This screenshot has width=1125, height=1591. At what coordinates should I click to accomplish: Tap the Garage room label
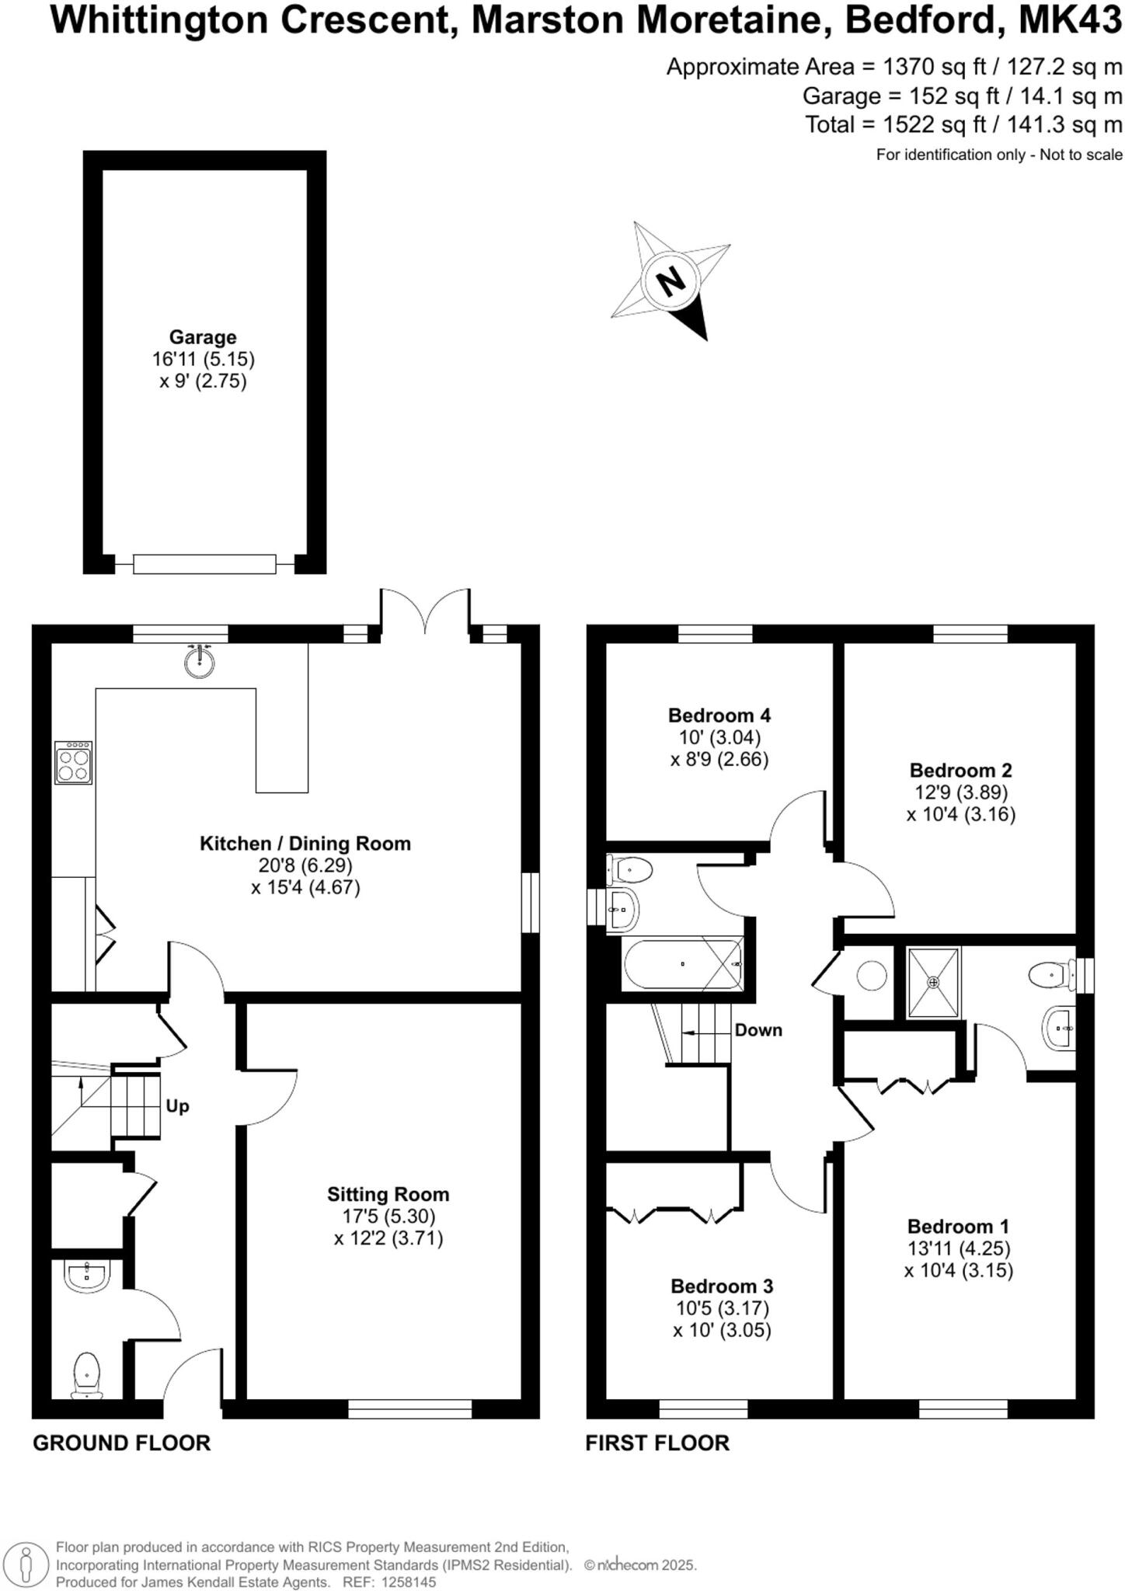(x=203, y=337)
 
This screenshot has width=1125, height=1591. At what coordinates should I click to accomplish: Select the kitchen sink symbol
(x=200, y=662)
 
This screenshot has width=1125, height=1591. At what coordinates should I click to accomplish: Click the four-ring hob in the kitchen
(x=74, y=762)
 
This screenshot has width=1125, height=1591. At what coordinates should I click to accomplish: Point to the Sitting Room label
(x=388, y=1194)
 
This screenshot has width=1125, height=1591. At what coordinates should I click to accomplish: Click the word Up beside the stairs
(x=177, y=1106)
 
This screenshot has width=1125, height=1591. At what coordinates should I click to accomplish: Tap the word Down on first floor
(x=758, y=1030)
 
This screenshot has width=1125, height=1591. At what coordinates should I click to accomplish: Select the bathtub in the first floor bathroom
(x=682, y=964)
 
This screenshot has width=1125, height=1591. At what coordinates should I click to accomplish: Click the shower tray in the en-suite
(x=934, y=982)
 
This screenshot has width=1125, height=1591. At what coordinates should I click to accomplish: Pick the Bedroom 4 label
(x=719, y=715)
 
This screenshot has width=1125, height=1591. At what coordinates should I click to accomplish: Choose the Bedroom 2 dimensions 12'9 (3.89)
(x=960, y=792)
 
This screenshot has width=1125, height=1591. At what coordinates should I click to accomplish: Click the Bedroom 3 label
(x=722, y=1286)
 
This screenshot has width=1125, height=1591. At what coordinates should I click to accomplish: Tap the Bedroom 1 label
(x=958, y=1227)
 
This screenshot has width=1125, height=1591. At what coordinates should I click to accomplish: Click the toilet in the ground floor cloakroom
(x=86, y=1373)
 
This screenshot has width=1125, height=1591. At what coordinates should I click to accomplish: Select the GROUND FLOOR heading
(x=121, y=1443)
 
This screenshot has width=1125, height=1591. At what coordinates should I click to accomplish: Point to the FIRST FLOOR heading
(x=657, y=1443)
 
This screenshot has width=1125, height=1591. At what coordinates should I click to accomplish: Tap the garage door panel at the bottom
(x=204, y=564)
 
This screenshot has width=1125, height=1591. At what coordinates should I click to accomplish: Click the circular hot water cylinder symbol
(x=870, y=976)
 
